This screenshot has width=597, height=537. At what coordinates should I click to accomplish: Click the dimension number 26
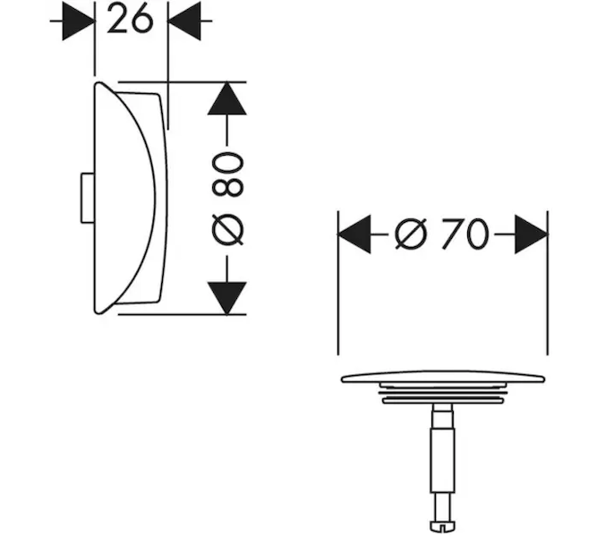tap(130, 19)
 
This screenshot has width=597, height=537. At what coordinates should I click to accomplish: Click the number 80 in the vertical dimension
tap(227, 175)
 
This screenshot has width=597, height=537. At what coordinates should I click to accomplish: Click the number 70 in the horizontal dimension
tap(465, 234)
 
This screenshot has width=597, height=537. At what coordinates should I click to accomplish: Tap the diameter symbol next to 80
tap(227, 230)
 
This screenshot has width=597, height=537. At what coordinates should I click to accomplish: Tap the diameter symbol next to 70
tap(411, 234)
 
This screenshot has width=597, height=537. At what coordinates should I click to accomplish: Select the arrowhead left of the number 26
tap(78, 21)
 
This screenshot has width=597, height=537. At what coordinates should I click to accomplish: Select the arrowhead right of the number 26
tap(184, 21)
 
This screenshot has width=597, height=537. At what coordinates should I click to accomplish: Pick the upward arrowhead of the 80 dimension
tap(227, 98)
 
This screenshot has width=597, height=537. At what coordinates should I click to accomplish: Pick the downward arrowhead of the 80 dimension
tap(227, 298)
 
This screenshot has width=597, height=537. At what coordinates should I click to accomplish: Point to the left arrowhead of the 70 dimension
tap(354, 234)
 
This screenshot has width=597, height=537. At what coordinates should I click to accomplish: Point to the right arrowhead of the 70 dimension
tap(531, 234)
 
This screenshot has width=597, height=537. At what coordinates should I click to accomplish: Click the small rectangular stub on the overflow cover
tap(87, 198)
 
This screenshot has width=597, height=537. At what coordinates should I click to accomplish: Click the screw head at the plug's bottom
tap(442, 526)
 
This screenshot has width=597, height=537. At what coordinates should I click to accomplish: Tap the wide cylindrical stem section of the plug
tap(442, 460)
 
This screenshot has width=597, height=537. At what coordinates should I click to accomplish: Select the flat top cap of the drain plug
tap(443, 377)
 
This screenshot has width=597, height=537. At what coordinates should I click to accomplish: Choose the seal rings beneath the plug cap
tap(443, 394)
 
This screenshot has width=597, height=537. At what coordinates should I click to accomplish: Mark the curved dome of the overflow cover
tap(125, 198)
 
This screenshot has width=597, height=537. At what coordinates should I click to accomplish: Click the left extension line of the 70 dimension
tap(338, 283)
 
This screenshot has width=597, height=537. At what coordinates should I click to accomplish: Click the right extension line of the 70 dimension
tap(548, 283)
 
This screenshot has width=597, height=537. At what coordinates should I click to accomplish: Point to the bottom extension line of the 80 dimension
tap(182, 314)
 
